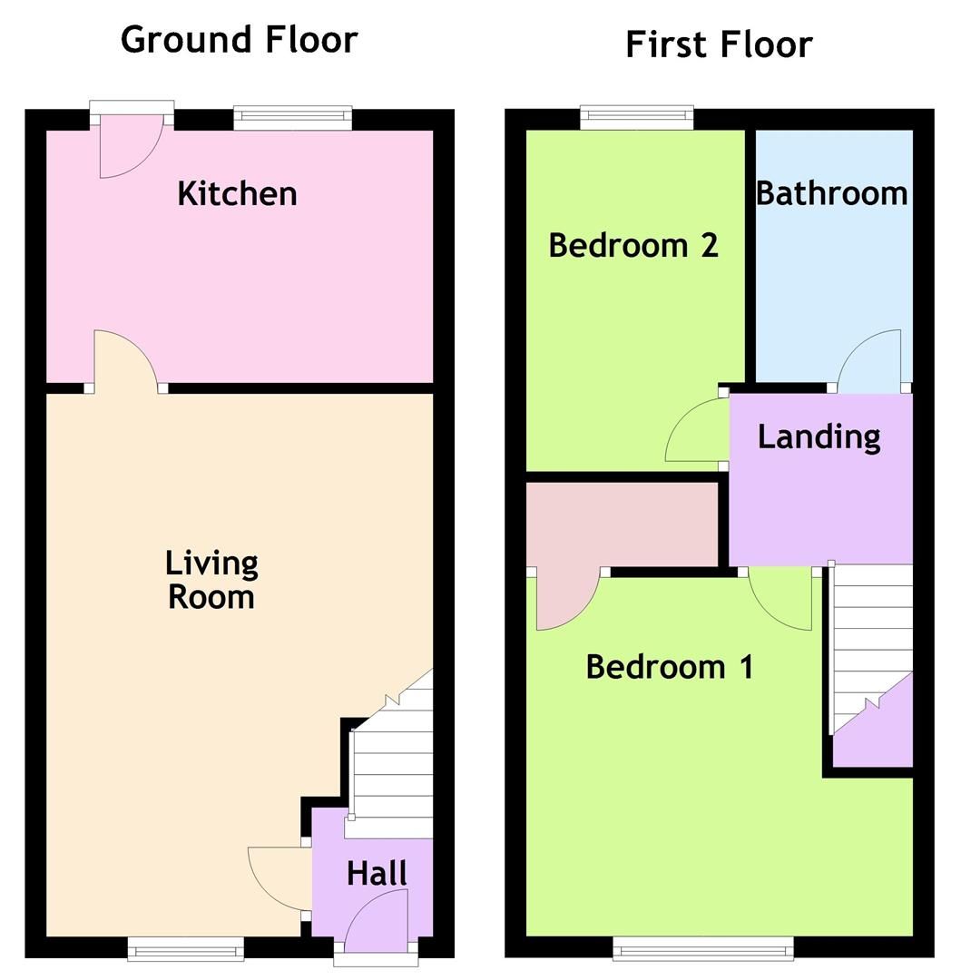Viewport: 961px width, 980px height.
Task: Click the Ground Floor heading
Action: [239, 40]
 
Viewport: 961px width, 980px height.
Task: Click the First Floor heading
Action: [719, 44]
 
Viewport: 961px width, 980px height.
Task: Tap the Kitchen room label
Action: [237, 193]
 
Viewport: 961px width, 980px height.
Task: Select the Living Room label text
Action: [211, 580]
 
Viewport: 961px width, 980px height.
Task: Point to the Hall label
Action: [377, 874]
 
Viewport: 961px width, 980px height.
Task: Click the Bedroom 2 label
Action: [633, 245]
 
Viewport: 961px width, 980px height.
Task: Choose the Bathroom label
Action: [831, 193]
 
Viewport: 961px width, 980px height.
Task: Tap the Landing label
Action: [819, 436]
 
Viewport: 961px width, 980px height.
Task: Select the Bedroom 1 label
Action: [670, 667]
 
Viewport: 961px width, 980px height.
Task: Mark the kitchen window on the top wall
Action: [292, 115]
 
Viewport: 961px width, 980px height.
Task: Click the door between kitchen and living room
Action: [126, 363]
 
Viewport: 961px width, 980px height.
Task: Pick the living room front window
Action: [186, 949]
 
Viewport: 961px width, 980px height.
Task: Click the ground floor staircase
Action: [390, 762]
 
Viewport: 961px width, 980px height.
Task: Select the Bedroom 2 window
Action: [637, 115]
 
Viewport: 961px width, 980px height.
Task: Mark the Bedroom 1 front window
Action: [703, 949]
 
